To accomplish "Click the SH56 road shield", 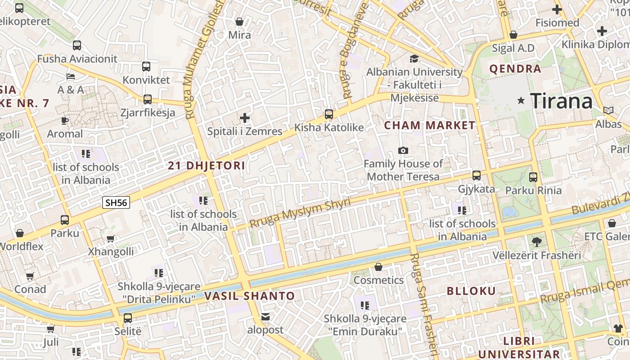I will (x=116, y=202).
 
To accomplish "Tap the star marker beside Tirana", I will (x=521, y=101).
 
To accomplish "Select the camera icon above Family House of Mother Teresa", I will (x=403, y=150).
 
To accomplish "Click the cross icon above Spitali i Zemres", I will (x=244, y=118).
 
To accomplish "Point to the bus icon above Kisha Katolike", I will (x=329, y=114).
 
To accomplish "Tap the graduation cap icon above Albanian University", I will (x=414, y=58).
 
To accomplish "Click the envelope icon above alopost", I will (x=265, y=317).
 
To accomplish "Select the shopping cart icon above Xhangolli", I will (x=111, y=238).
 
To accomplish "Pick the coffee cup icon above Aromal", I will (x=65, y=121).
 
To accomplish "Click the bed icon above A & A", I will (x=71, y=76).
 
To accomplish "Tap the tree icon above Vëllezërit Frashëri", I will (x=536, y=242).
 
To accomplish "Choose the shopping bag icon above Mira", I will (x=239, y=22).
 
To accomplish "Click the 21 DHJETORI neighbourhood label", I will (x=207, y=166).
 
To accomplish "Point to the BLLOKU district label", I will (x=471, y=291).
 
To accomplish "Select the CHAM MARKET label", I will (x=430, y=126).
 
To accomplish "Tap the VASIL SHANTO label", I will (x=249, y=296).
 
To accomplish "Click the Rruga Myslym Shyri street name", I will (x=300, y=213).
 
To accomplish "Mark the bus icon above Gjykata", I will (x=477, y=175).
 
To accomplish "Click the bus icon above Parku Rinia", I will (x=533, y=177).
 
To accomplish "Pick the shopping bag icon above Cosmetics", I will (x=378, y=267).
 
